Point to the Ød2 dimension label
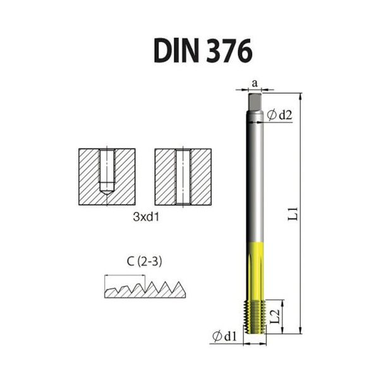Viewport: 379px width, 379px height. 280,115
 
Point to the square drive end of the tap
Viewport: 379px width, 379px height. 255,100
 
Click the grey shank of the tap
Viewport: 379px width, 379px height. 255,177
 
